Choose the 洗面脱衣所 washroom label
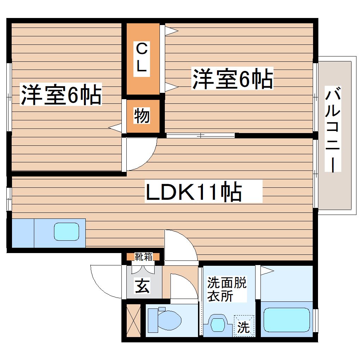point(226,289)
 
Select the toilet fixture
point(164,319)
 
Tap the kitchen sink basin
point(66,232)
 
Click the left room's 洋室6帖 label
point(61,94)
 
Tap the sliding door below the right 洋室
point(200,135)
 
